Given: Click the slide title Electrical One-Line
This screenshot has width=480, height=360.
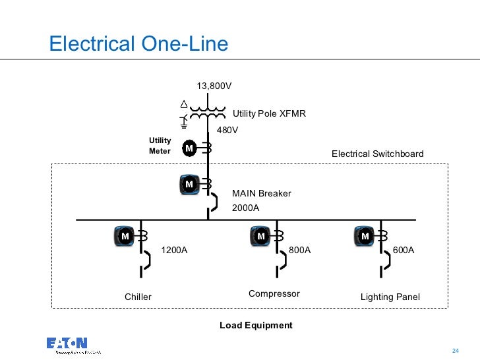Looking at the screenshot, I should pyautogui.click(x=139, y=44).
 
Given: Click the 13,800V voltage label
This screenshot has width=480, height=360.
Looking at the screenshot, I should pyautogui.click(x=214, y=86).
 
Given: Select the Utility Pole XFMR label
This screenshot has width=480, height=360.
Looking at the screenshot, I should pyautogui.click(x=269, y=113).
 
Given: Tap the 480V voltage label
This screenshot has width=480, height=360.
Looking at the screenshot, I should pyautogui.click(x=227, y=130).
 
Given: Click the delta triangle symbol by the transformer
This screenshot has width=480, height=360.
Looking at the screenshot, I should pyautogui.click(x=185, y=104).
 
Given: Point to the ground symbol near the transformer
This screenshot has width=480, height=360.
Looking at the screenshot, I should pyautogui.click(x=185, y=121).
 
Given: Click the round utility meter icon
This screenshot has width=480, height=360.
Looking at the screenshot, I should pyautogui.click(x=189, y=148).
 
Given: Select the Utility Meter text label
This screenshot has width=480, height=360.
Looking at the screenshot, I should pyautogui.click(x=160, y=146).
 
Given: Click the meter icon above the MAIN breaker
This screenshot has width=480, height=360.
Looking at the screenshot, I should pyautogui.click(x=189, y=185).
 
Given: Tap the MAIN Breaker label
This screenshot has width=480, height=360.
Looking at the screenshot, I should pyautogui.click(x=261, y=193).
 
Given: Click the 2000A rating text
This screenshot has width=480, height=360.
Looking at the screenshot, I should pyautogui.click(x=245, y=208).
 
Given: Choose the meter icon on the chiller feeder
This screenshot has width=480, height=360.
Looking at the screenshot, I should pyautogui.click(x=125, y=235).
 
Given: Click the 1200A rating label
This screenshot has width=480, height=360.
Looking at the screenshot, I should pyautogui.click(x=175, y=251).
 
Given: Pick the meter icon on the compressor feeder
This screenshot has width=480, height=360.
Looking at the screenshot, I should pyautogui.click(x=260, y=235).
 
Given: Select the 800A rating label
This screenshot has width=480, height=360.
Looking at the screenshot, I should pyautogui.click(x=299, y=251).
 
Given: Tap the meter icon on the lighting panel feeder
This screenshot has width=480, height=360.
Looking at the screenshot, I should pyautogui.click(x=364, y=235).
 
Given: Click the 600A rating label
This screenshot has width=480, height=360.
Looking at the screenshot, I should pyautogui.click(x=404, y=251).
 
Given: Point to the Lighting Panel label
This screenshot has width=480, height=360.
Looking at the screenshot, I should pyautogui.click(x=390, y=297).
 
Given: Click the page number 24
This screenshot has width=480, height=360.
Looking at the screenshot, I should pyautogui.click(x=454, y=349).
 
